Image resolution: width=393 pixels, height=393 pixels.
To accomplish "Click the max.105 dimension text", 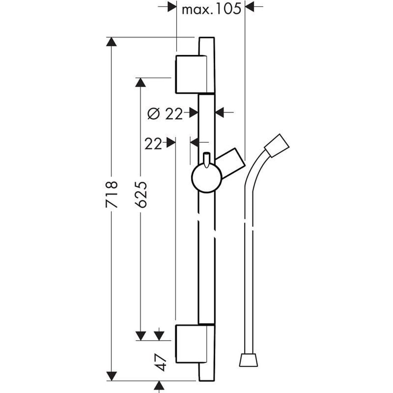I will (211, 9).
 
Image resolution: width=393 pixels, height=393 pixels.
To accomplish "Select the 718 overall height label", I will (112, 194).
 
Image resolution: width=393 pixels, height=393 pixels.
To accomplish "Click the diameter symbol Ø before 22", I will (154, 114).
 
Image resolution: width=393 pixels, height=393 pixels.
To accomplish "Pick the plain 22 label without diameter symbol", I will (152, 144).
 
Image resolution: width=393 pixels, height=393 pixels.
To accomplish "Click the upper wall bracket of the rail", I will (190, 74).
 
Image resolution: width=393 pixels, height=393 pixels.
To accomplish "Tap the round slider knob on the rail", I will (206, 178).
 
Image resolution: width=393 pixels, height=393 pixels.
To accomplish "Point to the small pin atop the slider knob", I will (206, 159).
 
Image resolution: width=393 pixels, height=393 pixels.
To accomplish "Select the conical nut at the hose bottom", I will (249, 360).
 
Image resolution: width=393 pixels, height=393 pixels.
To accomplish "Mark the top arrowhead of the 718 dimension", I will (112, 42).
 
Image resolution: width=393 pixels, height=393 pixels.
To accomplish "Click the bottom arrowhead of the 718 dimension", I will (112, 376).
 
